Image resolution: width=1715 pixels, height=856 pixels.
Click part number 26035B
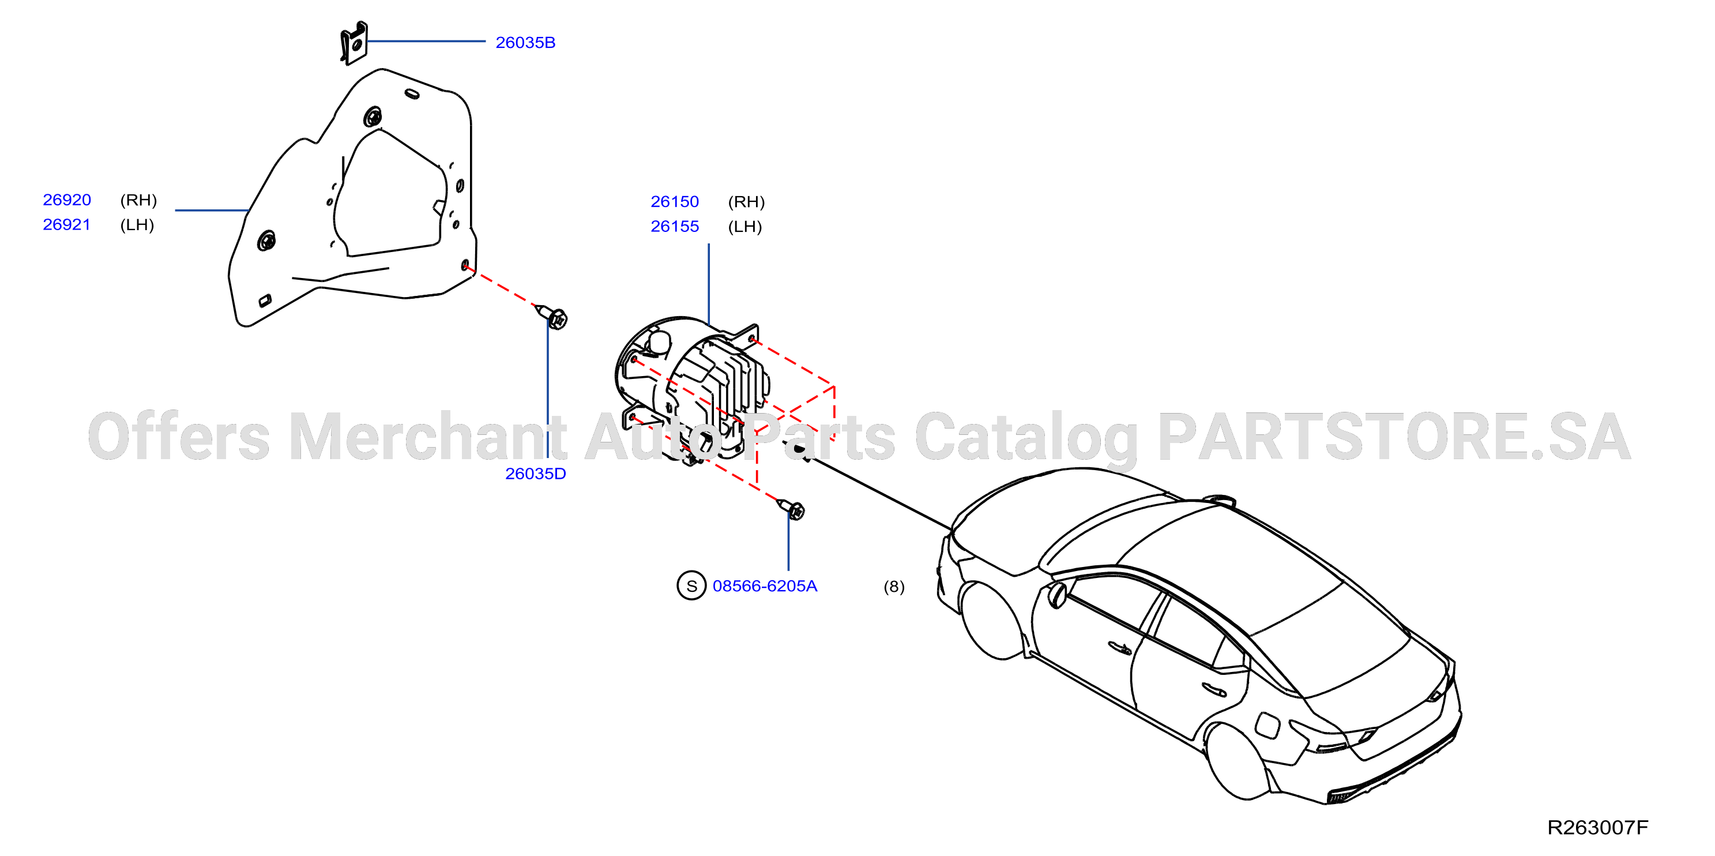(x=525, y=43)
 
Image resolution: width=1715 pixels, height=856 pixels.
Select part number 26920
(x=66, y=200)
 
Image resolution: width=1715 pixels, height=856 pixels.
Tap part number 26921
(x=66, y=224)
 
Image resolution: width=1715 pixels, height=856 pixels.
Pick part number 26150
(x=675, y=202)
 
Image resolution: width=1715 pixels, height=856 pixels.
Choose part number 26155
(x=675, y=227)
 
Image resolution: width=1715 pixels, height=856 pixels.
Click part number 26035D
(x=535, y=474)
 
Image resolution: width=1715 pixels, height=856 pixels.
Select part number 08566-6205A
(x=764, y=586)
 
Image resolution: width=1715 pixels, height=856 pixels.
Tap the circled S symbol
(x=691, y=585)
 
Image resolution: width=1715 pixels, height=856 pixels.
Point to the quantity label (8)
(x=893, y=587)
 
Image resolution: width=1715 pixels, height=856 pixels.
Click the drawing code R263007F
(x=1597, y=827)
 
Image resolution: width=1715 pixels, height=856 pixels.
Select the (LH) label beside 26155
(x=745, y=227)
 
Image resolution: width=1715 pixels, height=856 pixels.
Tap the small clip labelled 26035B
(x=353, y=43)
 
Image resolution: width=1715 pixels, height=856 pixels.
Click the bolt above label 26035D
(x=552, y=317)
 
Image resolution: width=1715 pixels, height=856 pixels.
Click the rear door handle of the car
(x=1214, y=689)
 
